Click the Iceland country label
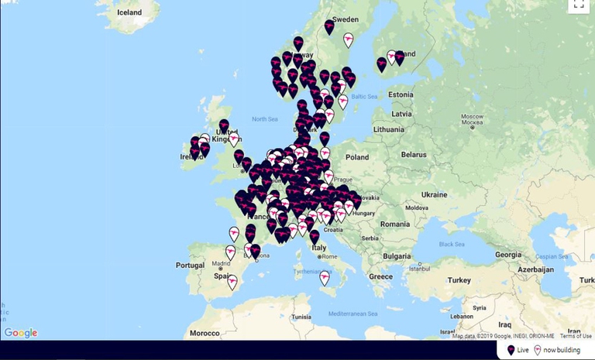click(129, 12)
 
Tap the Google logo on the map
click(21, 333)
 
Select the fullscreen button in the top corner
click(579, 4)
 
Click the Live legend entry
click(518, 350)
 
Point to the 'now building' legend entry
click(556, 350)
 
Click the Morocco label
click(205, 333)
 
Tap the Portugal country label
click(189, 265)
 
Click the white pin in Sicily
click(325, 277)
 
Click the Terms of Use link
click(576, 336)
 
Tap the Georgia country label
click(507, 254)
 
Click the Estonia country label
click(402, 94)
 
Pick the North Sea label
click(264, 118)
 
